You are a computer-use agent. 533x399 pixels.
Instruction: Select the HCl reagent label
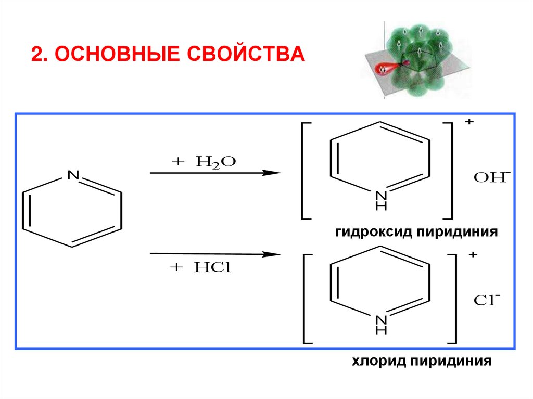(x=212, y=267)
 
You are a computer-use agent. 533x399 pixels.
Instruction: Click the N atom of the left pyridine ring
(x=73, y=176)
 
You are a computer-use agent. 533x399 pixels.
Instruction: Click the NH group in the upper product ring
(x=381, y=201)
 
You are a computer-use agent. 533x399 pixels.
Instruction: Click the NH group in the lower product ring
(x=381, y=325)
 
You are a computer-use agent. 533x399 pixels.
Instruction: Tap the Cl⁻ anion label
(x=487, y=301)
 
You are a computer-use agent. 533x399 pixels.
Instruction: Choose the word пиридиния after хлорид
(x=451, y=361)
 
